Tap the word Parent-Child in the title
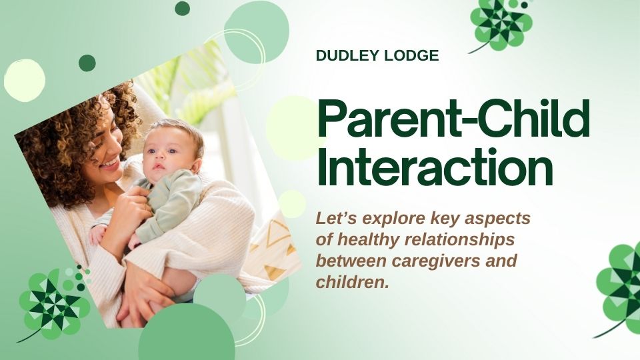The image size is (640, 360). (453, 119)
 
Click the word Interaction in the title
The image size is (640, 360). (435, 167)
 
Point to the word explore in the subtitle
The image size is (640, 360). (394, 219)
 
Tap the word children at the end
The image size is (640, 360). (353, 281)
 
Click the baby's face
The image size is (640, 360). (163, 155)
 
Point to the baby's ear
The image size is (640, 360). (196, 165)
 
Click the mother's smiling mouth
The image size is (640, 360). (110, 164)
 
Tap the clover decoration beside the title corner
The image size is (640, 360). (501, 25)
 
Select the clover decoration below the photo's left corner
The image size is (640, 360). (53, 305)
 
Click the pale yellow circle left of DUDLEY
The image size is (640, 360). (25, 81)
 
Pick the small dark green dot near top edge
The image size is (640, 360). (182, 8)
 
